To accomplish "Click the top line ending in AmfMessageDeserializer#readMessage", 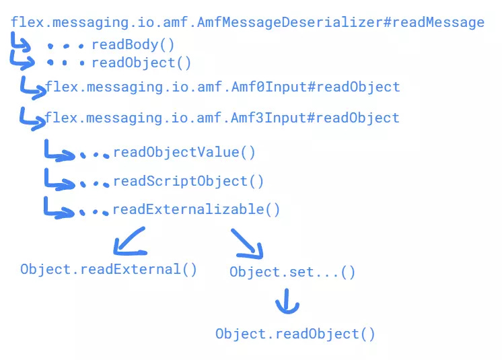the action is tap(247, 23).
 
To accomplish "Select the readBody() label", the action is tap(133, 45).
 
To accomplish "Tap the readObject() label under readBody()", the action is tap(141, 63).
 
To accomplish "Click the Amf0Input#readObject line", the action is tap(222, 87).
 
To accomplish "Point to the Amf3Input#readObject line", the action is tap(222, 118).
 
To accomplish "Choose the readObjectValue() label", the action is tap(184, 152).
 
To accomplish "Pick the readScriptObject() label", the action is tap(188, 181).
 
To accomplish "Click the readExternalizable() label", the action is tap(196, 209).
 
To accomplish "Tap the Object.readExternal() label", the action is tap(108, 269).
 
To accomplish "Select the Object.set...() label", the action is tap(292, 273).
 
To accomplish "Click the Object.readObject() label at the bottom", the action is tap(295, 334).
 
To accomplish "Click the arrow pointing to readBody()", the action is tap(21, 44).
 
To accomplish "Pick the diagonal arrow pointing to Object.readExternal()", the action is tap(129, 242).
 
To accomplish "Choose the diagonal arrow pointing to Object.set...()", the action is tap(248, 244).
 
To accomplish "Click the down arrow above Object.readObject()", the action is tap(287, 302).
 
